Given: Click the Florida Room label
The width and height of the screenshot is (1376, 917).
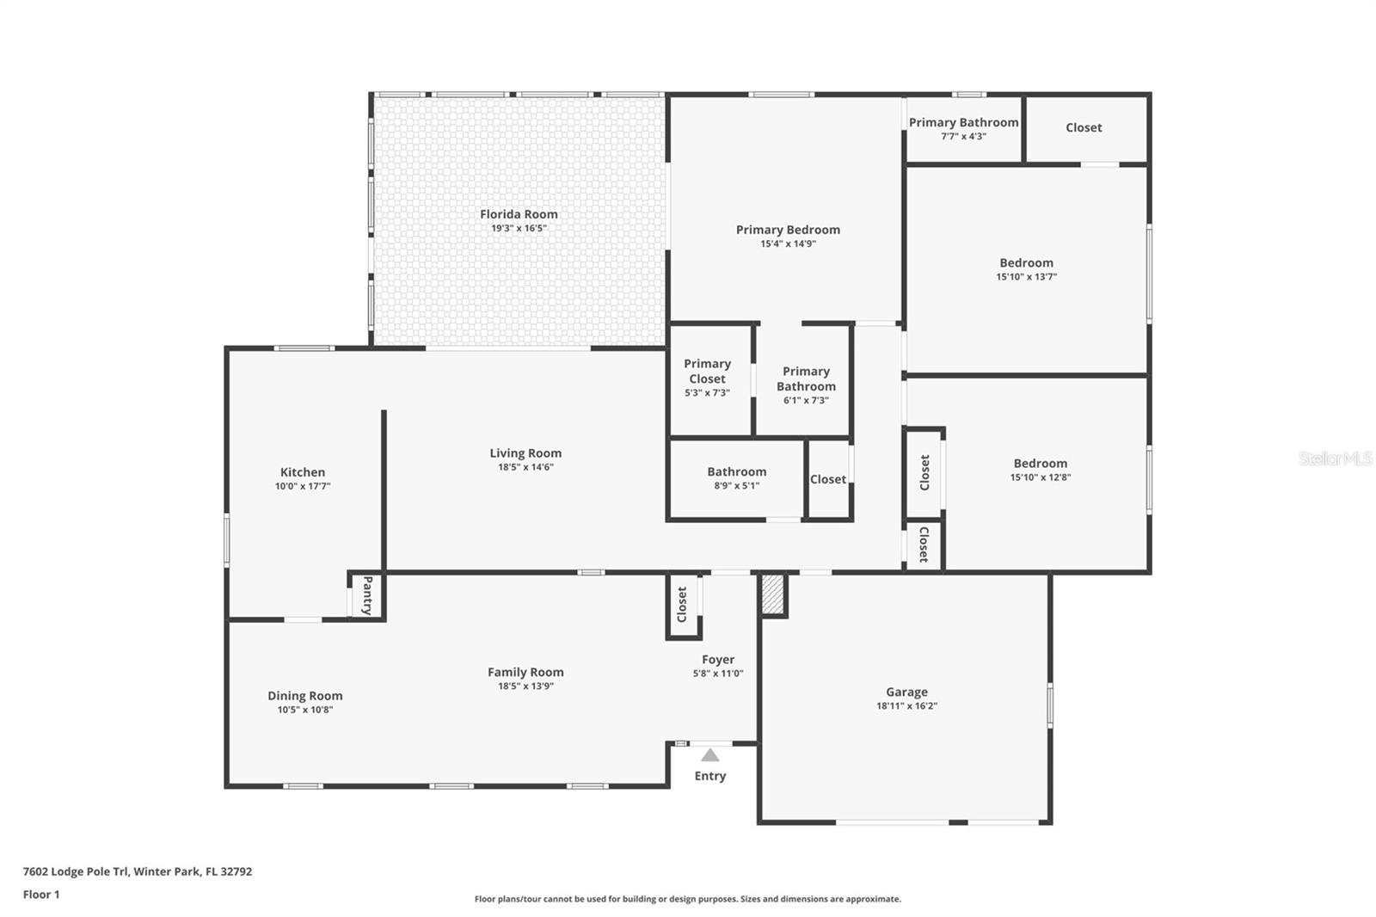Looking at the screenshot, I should click(x=519, y=214).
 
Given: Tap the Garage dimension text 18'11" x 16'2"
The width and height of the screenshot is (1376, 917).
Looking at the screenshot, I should click(x=906, y=706).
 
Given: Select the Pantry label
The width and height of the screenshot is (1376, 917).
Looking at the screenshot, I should click(x=367, y=595).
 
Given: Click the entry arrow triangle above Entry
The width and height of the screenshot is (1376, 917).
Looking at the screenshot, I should click(x=709, y=755).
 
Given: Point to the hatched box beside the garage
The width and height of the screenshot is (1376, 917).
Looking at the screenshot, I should click(x=773, y=594).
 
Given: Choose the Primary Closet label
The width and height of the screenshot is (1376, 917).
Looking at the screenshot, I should click(x=707, y=371).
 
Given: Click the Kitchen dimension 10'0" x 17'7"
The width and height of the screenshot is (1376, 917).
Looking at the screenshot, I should click(x=303, y=486).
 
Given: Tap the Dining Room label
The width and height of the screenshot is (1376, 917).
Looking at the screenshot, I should click(x=304, y=695).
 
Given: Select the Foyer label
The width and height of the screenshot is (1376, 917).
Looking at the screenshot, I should click(x=718, y=660).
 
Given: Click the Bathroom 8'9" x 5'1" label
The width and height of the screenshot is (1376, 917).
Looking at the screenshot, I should click(x=736, y=471).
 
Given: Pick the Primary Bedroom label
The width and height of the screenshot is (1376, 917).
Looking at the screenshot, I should click(x=788, y=230).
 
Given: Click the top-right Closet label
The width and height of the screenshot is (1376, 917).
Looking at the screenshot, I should click(x=1084, y=127).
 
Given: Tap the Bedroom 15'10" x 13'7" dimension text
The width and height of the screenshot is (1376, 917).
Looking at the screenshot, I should click(x=1026, y=277).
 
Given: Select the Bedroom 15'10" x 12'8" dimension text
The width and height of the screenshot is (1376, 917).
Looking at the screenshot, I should click(x=1040, y=477).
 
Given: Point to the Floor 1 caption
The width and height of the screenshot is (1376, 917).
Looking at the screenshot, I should click(x=41, y=895).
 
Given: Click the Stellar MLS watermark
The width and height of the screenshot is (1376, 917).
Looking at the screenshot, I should click(x=1335, y=459).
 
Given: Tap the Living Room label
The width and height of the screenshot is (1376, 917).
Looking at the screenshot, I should click(x=525, y=453).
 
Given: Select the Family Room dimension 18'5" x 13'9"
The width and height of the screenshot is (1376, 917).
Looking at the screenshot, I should click(x=525, y=686).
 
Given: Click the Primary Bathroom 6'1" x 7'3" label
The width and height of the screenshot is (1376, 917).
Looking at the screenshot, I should click(x=806, y=378).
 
